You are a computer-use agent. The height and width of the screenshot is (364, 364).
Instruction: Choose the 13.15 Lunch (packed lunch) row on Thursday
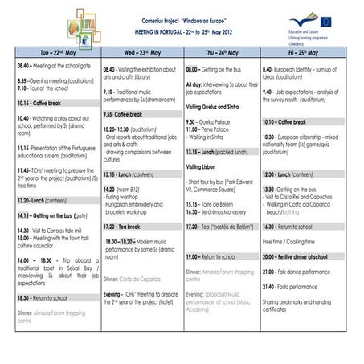click(217, 152)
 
